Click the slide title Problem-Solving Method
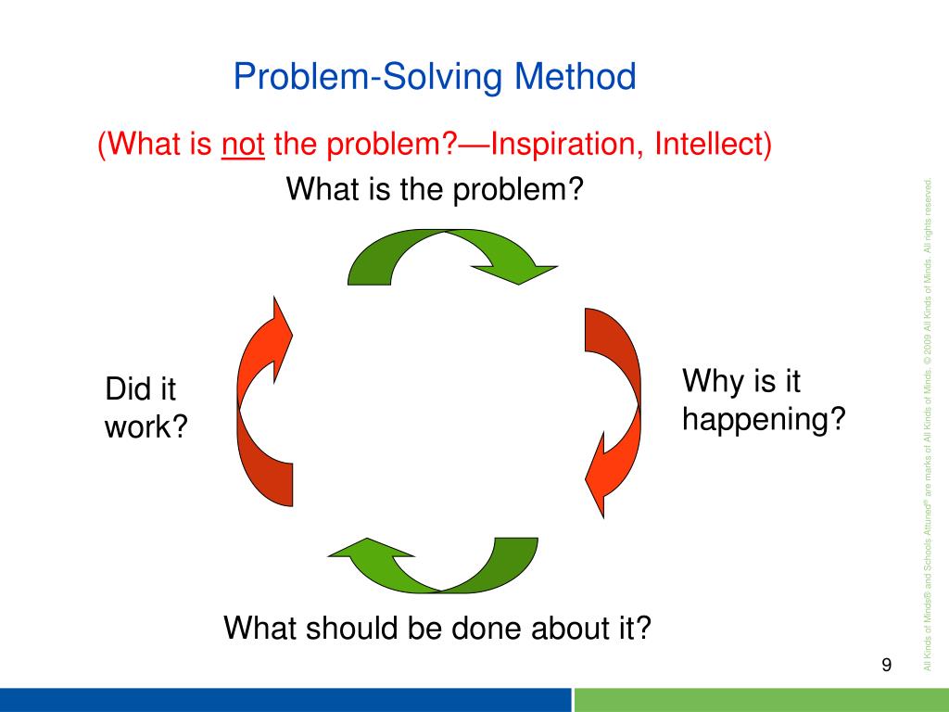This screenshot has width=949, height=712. pyautogui.click(x=435, y=78)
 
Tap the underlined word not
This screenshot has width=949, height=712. pyautogui.click(x=243, y=145)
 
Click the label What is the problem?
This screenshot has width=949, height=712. pyautogui.click(x=435, y=189)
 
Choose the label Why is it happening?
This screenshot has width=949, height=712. pyautogui.click(x=764, y=400)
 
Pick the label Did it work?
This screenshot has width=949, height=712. pyautogui.click(x=146, y=407)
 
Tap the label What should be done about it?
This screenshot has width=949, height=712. pyautogui.click(x=437, y=628)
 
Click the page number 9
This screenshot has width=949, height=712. pyautogui.click(x=886, y=665)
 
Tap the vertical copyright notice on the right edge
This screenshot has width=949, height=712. pyautogui.click(x=928, y=424)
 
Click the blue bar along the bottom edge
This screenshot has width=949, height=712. pyautogui.click(x=285, y=700)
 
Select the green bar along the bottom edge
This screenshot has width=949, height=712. pyautogui.click(x=762, y=700)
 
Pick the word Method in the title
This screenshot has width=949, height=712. pyautogui.click(x=575, y=77)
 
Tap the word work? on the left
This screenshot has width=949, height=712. pyautogui.click(x=146, y=426)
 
